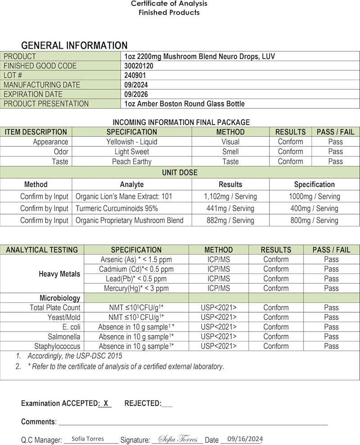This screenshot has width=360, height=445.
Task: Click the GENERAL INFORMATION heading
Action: click(74, 45)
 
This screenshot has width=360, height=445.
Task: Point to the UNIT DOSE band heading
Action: click(180, 172)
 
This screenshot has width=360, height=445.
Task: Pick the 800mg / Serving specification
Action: click(314, 220)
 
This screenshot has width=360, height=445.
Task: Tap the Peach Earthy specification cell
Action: click(132, 162)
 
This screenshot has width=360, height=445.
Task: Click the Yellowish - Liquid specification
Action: click(132, 142)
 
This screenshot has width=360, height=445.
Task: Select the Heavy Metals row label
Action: click(59, 274)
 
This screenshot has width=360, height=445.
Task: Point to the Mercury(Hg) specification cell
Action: click(136, 288)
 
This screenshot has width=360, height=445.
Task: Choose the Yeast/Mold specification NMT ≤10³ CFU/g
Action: click(136, 317)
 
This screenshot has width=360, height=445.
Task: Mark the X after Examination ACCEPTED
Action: click(106, 404)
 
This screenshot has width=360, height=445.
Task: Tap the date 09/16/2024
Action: click(245, 439)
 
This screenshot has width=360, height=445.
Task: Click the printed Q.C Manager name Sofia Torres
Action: click(88, 439)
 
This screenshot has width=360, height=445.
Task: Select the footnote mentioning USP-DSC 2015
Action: click(72, 356)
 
